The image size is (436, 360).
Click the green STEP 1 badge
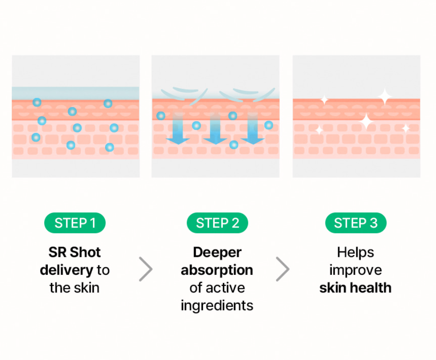(x=75, y=223)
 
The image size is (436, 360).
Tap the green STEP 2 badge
(x=217, y=223)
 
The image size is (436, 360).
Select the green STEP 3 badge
(x=356, y=223)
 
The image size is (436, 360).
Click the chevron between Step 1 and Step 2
(x=146, y=269)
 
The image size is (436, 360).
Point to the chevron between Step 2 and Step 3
(x=283, y=269)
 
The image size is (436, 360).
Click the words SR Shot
(x=74, y=252)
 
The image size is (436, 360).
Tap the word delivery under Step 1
(x=66, y=270)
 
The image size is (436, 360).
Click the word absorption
(x=217, y=270)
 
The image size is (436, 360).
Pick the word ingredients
(x=217, y=306)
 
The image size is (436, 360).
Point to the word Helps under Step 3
(x=355, y=253)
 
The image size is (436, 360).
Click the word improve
(x=356, y=270)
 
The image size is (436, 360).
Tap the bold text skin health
(x=355, y=288)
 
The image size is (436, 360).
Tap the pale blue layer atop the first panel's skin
(x=75, y=93)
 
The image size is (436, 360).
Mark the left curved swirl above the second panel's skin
(x=184, y=95)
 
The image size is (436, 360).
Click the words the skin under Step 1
(x=74, y=288)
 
